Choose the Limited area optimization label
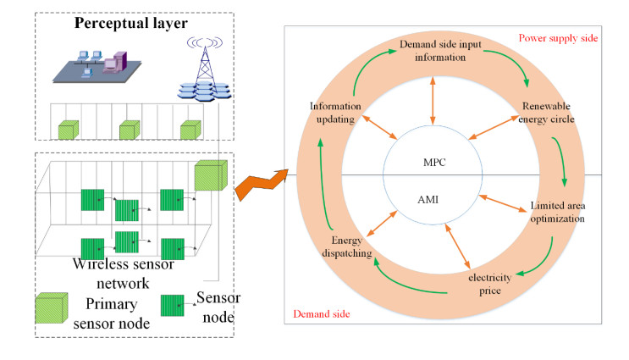[x=557, y=212]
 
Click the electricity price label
[x=484, y=284]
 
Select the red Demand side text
[x=322, y=314]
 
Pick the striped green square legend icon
[x=174, y=303]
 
